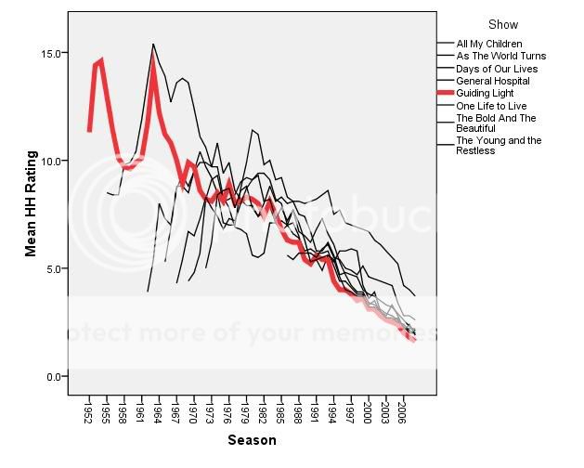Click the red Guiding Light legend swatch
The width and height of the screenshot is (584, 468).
(x=446, y=94)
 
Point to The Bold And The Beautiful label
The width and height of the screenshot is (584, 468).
(x=496, y=123)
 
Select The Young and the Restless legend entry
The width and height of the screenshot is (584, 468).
(x=499, y=145)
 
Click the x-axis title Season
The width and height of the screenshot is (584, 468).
(x=253, y=440)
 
